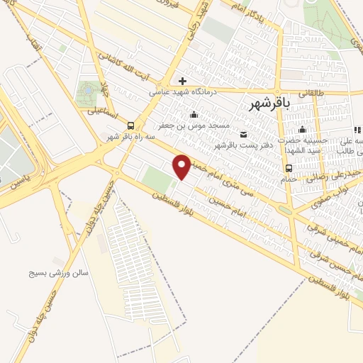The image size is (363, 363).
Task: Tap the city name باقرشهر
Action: click(x=271, y=104)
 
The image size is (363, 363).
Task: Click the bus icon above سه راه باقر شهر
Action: click(x=129, y=125)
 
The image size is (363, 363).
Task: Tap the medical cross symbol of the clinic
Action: click(x=183, y=81)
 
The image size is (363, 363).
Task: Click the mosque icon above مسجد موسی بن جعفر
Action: click(x=194, y=115)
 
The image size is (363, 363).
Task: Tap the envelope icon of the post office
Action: click(x=244, y=135)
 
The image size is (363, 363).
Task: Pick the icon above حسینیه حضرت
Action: click(x=303, y=129)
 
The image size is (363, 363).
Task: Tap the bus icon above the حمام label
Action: click(x=289, y=168)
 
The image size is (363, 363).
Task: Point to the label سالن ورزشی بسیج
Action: click(x=60, y=272)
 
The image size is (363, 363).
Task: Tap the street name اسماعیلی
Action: click(x=102, y=111)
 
